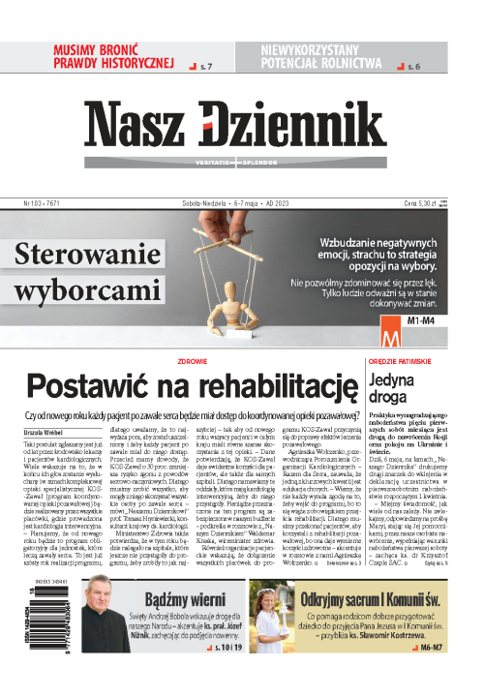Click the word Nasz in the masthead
point(166,125)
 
